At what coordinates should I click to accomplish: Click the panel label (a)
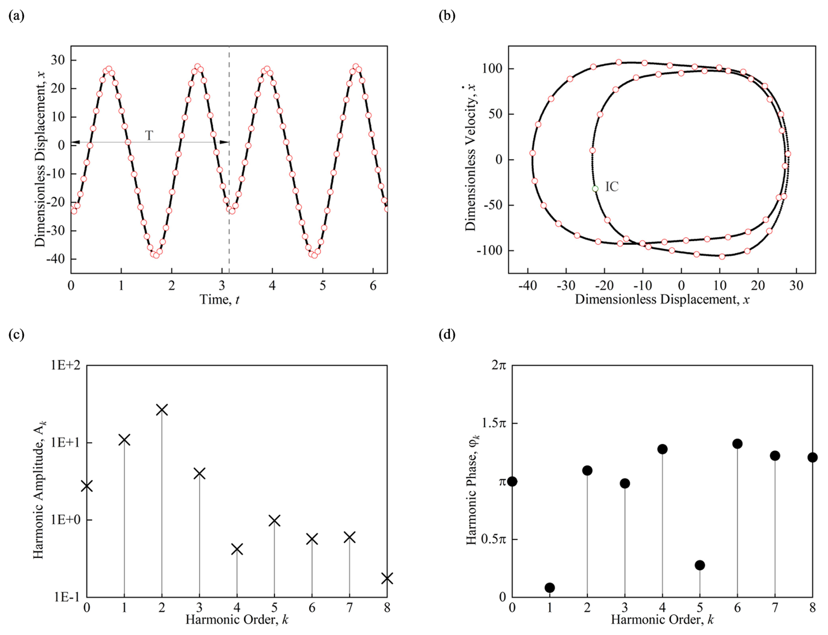pos(17,16)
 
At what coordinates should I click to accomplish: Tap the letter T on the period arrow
pos(149,136)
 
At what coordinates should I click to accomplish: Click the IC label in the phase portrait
pos(612,187)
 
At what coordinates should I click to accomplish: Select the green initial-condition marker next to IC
pos(595,189)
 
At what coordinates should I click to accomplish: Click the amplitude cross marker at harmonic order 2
pos(162,410)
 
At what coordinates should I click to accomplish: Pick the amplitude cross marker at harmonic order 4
pos(237,549)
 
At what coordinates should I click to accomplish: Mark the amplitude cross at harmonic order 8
pos(387,579)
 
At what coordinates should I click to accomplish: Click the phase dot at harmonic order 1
pos(550,588)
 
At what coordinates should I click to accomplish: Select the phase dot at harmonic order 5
pos(700,565)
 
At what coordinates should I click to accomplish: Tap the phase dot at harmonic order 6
pos(737,444)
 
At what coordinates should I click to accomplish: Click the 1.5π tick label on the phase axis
pos(494,423)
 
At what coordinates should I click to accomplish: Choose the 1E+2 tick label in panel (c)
pos(65,365)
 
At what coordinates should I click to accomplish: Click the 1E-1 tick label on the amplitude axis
pos(67,597)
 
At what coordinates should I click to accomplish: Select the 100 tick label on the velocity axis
pos(492,69)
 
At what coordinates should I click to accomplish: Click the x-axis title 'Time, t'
pos(219,300)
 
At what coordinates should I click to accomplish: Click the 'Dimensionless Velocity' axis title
pos(470,157)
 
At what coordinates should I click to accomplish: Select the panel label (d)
pos(447,335)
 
